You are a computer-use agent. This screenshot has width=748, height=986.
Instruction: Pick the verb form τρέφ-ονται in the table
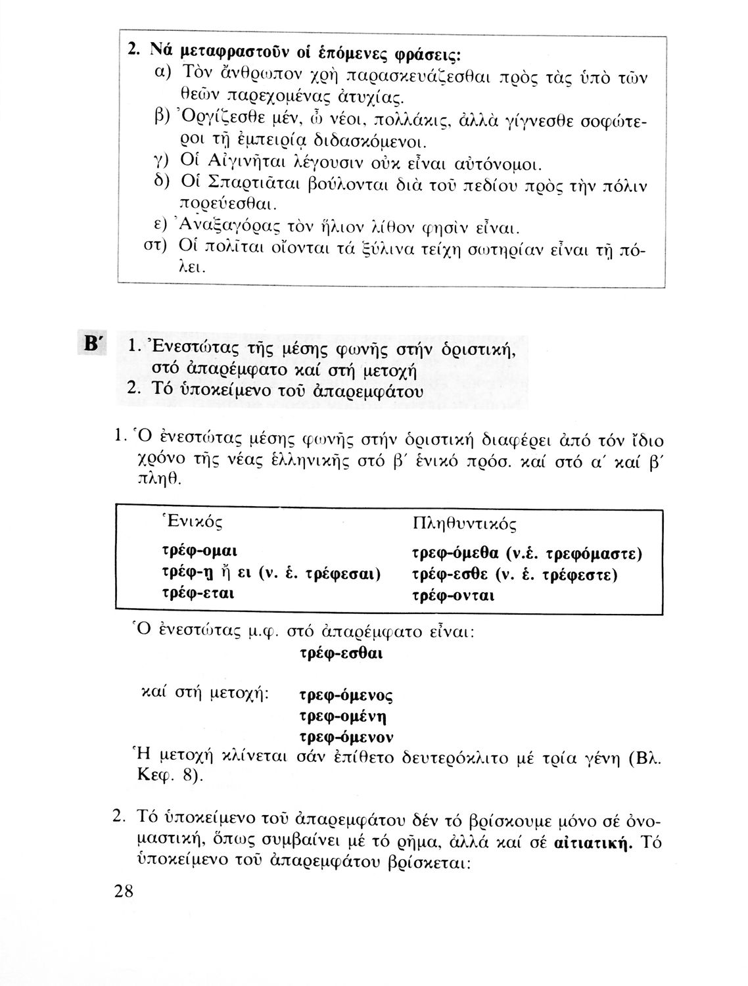click(x=453, y=596)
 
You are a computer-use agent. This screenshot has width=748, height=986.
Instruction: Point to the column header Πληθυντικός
click(x=463, y=524)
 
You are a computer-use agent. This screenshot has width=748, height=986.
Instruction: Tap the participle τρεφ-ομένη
click(x=342, y=715)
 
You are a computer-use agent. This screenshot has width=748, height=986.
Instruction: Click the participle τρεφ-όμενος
click(x=346, y=695)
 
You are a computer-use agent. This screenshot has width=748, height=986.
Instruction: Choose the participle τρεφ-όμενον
click(x=346, y=735)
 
